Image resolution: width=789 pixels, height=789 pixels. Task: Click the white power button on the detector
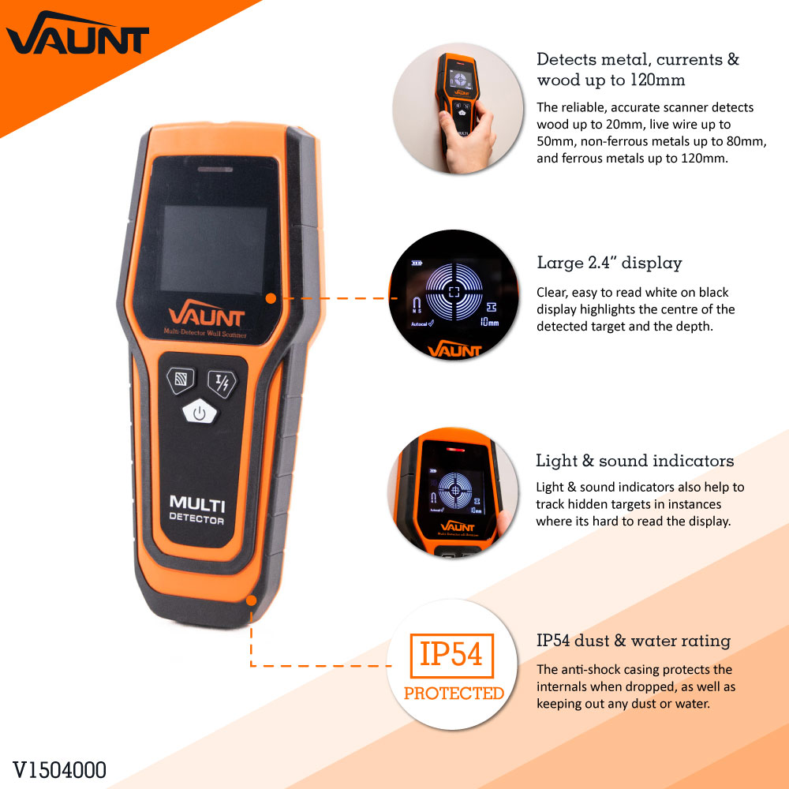pyautogui.click(x=200, y=411)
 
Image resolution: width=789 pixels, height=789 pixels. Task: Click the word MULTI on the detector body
pyautogui.click(x=196, y=503)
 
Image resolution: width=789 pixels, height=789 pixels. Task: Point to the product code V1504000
pyautogui.click(x=59, y=769)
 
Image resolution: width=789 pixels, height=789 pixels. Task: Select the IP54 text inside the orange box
pyautogui.click(x=451, y=655)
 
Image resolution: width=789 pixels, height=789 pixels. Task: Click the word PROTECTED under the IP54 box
pyautogui.click(x=454, y=694)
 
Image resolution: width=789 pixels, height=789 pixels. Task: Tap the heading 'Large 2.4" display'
pyautogui.click(x=609, y=263)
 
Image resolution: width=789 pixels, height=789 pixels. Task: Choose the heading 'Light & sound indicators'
pyautogui.click(x=635, y=461)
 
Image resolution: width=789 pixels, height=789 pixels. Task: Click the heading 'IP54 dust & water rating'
pyautogui.click(x=634, y=641)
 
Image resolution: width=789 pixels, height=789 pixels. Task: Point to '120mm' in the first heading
pyautogui.click(x=657, y=80)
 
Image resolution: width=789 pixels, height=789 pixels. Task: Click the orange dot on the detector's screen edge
pyautogui.click(x=271, y=298)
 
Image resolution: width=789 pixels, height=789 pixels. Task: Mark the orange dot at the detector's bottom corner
pyautogui.click(x=252, y=600)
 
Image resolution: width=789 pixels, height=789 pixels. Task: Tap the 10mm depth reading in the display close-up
pyautogui.click(x=489, y=322)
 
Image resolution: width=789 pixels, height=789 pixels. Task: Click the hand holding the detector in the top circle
pyautogui.click(x=471, y=137)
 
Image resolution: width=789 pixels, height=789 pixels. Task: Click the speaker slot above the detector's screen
pyautogui.click(x=212, y=169)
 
